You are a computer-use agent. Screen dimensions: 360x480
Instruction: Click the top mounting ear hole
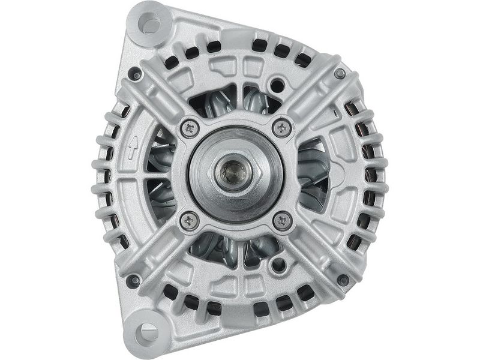pos(149,25)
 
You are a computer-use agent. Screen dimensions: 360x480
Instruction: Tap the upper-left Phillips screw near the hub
pos(190,127)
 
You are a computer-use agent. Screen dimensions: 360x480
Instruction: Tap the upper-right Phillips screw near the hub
pos(281,127)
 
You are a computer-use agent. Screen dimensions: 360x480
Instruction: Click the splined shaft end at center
pos(233,173)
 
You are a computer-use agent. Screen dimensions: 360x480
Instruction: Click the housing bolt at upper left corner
pos(135,74)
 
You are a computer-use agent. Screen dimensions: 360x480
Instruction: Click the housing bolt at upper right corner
pos(340,73)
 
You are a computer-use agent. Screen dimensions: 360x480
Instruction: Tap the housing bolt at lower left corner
pos(134,280)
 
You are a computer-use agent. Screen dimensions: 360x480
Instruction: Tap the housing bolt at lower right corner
pos(343,280)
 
